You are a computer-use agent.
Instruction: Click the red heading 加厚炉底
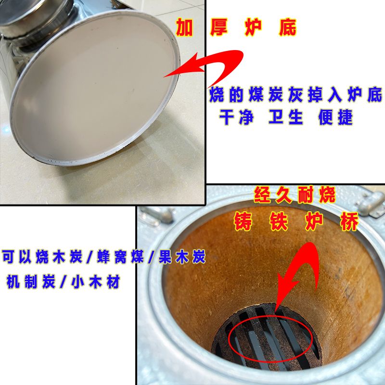tap(236, 28)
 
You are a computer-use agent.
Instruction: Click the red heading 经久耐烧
tap(294, 195)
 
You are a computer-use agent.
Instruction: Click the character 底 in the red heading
tap(288, 28)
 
